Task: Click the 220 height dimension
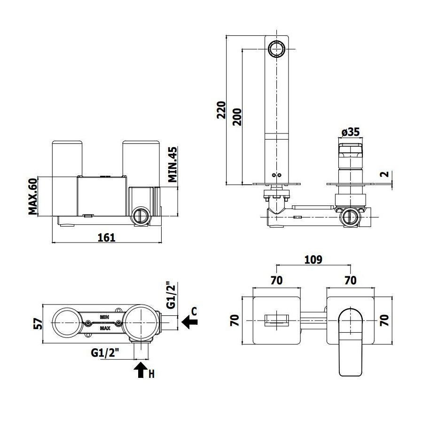click(x=221, y=110)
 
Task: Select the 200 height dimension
click(x=237, y=117)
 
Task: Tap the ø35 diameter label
click(x=351, y=132)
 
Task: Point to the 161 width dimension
click(x=106, y=238)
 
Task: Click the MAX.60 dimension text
click(x=33, y=196)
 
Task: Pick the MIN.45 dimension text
click(x=172, y=164)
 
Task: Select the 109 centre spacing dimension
click(x=313, y=259)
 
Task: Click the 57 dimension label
click(x=39, y=324)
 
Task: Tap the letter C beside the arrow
click(x=194, y=311)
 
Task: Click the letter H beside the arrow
click(x=152, y=374)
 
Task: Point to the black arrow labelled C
click(x=190, y=322)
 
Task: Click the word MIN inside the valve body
click(x=104, y=317)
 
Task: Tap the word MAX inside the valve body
click(x=105, y=329)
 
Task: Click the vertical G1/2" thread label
click(x=171, y=296)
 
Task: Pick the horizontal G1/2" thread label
click(x=105, y=352)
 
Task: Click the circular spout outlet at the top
click(x=277, y=49)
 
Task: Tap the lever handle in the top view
click(x=351, y=342)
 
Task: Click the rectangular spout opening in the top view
click(x=276, y=320)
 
